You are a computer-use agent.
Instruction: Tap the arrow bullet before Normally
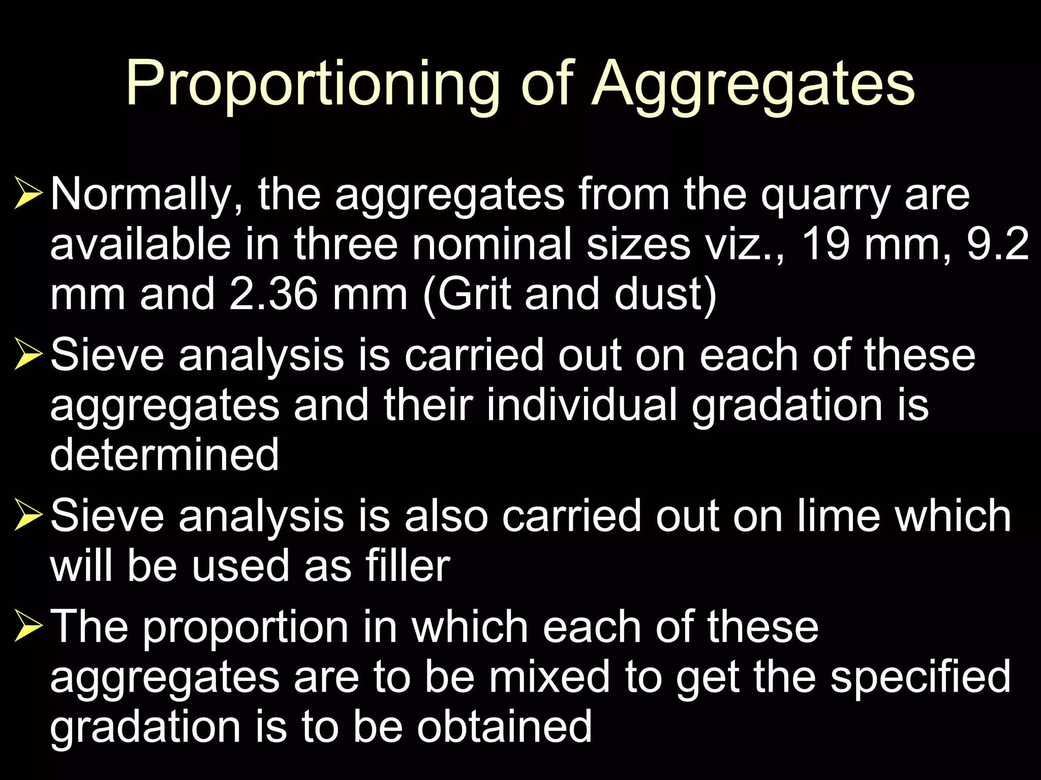click(x=28, y=193)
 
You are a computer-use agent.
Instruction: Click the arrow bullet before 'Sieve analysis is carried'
click(x=28, y=354)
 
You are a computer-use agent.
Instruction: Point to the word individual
click(x=582, y=405)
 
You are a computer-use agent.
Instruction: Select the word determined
click(x=164, y=454)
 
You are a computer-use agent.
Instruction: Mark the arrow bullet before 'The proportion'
click(x=28, y=626)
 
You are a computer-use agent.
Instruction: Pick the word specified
click(x=921, y=677)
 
